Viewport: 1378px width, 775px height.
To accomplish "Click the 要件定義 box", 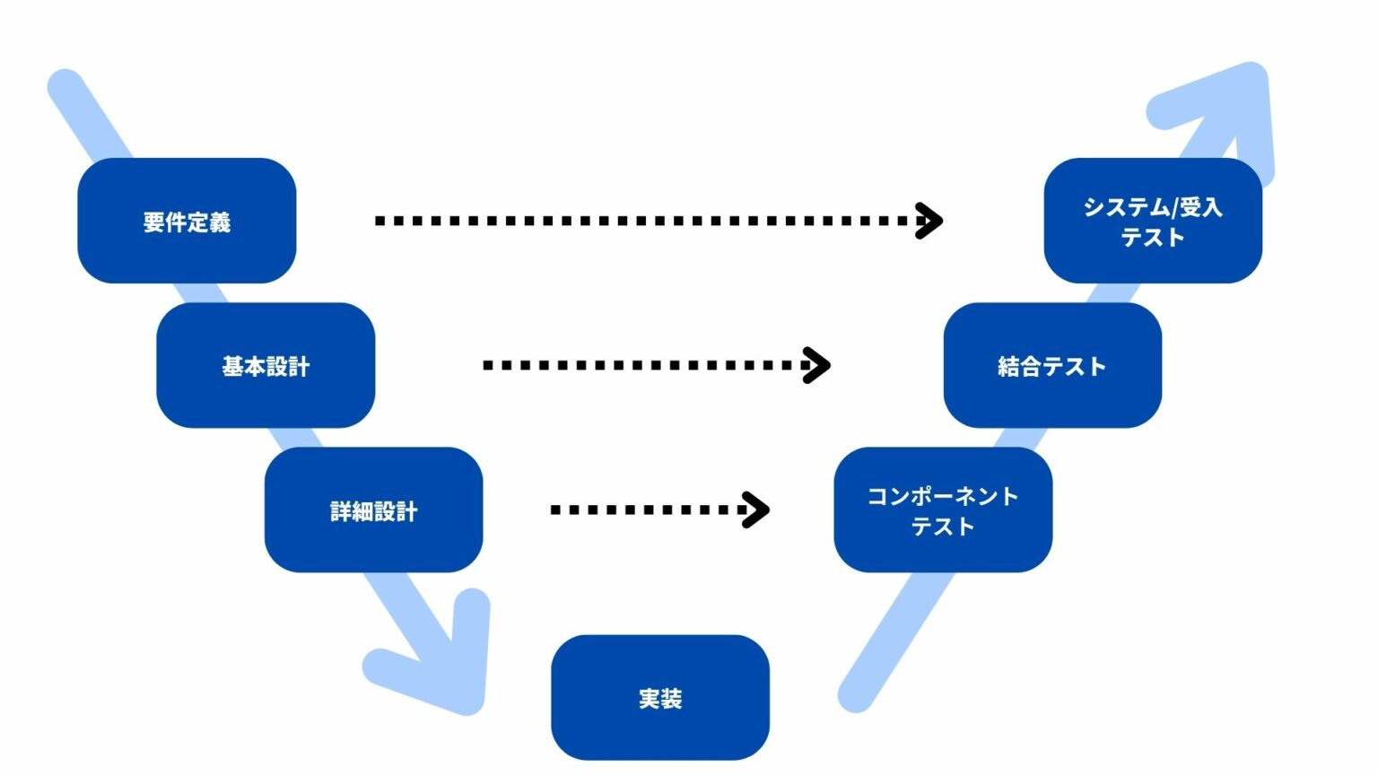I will point(187,221).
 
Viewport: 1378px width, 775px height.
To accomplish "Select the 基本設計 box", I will point(266,365).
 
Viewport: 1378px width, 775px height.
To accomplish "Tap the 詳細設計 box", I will point(373,509).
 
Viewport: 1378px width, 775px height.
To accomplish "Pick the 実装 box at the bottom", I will point(659,697).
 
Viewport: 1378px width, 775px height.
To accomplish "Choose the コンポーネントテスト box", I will point(943,509).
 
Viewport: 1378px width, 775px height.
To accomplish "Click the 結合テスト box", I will point(1052,365).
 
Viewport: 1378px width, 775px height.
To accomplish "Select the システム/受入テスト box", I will point(1153,221).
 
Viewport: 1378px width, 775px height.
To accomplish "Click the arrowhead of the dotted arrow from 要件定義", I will point(931,221).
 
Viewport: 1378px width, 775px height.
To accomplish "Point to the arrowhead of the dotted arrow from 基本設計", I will point(818,365).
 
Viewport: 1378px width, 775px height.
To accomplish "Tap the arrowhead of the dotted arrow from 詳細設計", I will point(758,509).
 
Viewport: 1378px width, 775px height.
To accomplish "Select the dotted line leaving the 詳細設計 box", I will point(646,509).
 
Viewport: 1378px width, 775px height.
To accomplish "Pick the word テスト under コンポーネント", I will point(943,526).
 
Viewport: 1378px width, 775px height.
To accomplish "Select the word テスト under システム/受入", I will point(1153,237).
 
